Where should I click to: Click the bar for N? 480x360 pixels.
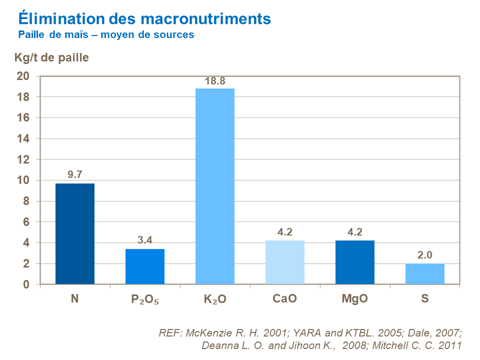pos(74,234)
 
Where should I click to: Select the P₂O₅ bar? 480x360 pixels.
pos(144,266)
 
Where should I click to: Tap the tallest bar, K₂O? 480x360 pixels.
pos(214,186)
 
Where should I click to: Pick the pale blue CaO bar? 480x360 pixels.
pos(284,262)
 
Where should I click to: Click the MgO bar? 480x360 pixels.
pos(354,262)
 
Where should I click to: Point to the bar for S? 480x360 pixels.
pos(424,274)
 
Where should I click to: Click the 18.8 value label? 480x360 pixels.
pos(214,81)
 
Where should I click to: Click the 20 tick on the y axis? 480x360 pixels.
pos(24,76)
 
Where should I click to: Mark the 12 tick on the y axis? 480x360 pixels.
pos(24,159)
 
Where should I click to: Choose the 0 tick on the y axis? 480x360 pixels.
pos(27,284)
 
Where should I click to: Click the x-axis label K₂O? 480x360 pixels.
pos(214,299)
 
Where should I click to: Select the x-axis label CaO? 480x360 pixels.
pos(284,299)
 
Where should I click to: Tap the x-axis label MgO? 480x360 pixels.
pos(354,299)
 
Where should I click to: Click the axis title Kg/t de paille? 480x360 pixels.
pos(51,57)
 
